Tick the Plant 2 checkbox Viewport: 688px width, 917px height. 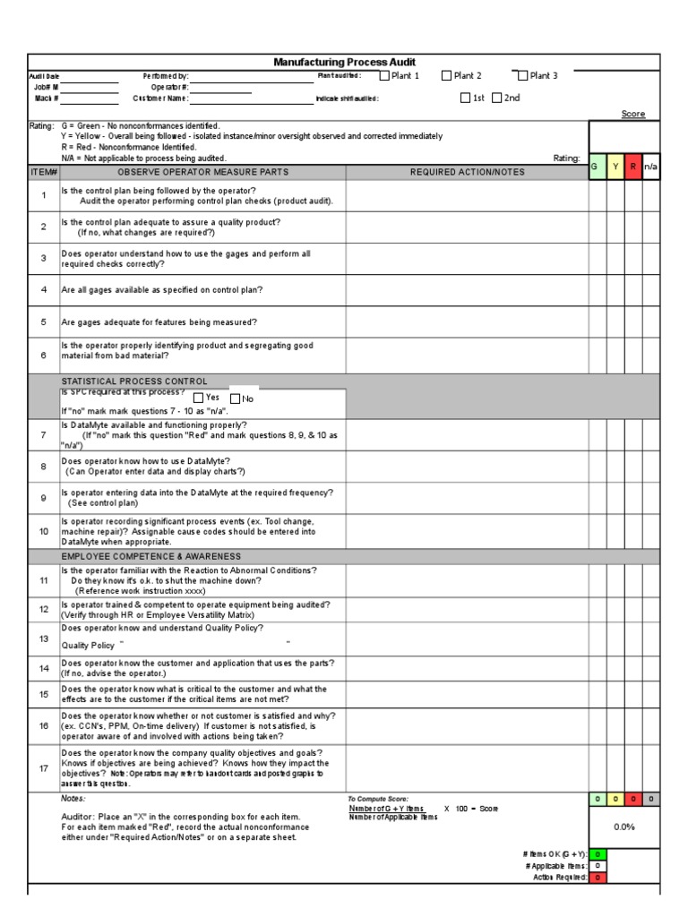(x=446, y=76)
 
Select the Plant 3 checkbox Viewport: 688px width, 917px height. (x=522, y=76)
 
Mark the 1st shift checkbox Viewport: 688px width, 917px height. (x=466, y=99)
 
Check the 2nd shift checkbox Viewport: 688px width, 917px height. (x=497, y=99)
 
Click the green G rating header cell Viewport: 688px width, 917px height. (x=597, y=167)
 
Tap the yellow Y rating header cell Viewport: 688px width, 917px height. (x=615, y=167)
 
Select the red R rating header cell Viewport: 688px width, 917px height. (x=633, y=167)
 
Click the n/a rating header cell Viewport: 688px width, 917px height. (x=651, y=167)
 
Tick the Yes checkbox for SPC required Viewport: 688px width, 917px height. (x=198, y=398)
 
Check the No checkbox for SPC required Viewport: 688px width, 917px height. (x=235, y=399)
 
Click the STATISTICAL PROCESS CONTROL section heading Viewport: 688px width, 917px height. (x=134, y=381)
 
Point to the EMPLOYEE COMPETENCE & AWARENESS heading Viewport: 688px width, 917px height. (x=150, y=556)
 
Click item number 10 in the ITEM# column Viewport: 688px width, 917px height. (x=43, y=530)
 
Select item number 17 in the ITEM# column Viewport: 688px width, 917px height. (x=43, y=767)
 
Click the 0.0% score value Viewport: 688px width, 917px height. (x=623, y=827)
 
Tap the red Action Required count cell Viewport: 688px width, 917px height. (x=597, y=878)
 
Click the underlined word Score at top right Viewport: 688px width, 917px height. (x=633, y=115)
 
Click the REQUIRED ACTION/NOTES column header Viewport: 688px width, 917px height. (x=466, y=172)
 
